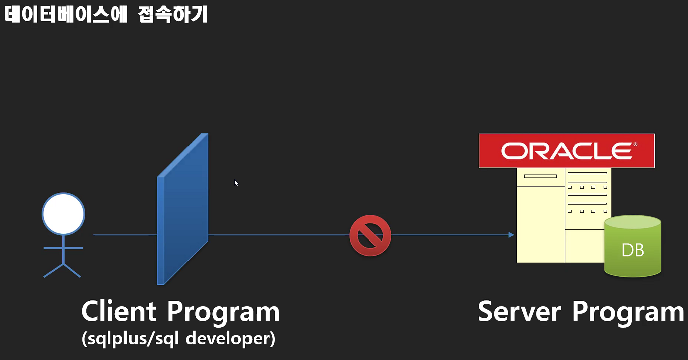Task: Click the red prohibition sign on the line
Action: tap(370, 235)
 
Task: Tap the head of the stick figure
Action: tap(64, 214)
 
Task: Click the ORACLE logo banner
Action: tap(567, 151)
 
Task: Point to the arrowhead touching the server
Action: tap(511, 235)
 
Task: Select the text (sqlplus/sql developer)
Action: tap(178, 339)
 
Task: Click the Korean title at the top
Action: tap(106, 15)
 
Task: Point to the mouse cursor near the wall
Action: tap(236, 182)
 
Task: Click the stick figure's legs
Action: tap(63, 270)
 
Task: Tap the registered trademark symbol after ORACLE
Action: tap(635, 144)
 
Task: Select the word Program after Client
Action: tap(223, 312)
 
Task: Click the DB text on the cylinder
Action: tap(633, 250)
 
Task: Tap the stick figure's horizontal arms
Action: tap(64, 248)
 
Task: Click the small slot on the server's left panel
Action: tap(540, 176)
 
